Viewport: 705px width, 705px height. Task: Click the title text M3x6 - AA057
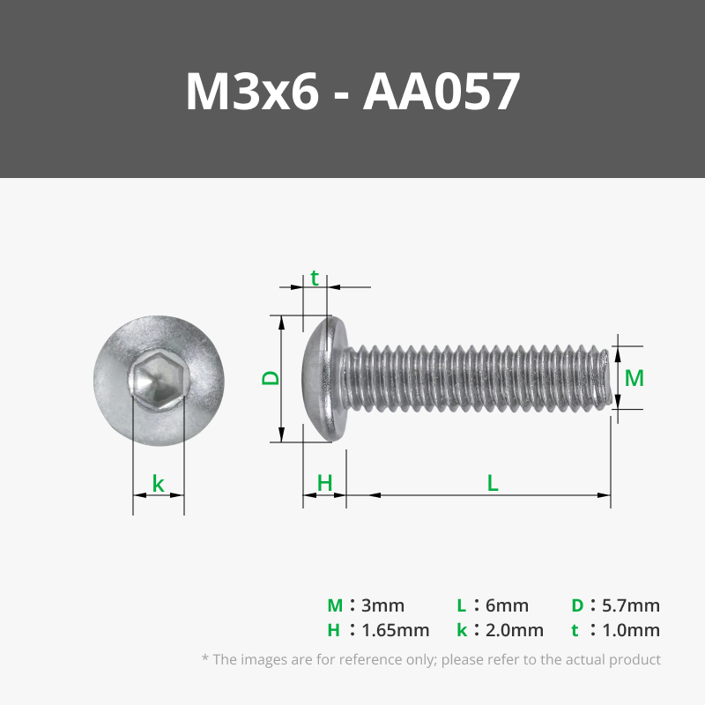click(352, 92)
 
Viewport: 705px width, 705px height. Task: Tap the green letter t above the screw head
click(315, 279)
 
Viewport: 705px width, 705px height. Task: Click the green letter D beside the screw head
click(271, 377)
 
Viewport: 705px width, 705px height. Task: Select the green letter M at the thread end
click(634, 378)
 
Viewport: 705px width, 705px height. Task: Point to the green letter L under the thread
click(493, 483)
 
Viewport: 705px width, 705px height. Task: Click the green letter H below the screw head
click(324, 483)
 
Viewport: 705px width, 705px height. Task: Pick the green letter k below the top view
click(159, 483)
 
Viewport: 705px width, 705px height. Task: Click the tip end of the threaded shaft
click(605, 379)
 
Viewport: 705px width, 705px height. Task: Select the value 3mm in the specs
click(382, 605)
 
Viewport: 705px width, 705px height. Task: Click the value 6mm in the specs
click(507, 605)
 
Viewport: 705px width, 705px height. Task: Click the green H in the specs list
click(334, 630)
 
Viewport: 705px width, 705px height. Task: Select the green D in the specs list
click(577, 605)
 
